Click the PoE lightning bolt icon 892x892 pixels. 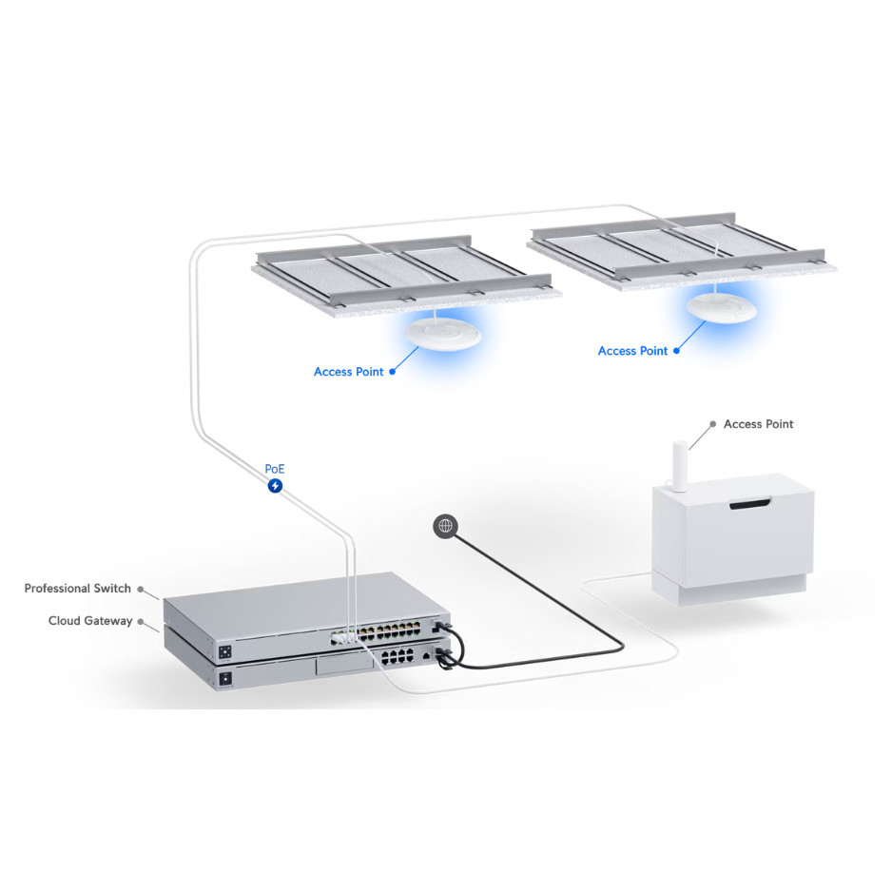tap(276, 486)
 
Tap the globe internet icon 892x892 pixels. tap(445, 526)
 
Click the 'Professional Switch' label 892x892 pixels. tap(77, 589)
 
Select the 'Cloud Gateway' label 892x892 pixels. tap(90, 621)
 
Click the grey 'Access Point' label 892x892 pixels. tap(758, 424)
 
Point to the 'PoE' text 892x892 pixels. tap(275, 469)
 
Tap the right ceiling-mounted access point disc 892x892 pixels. tap(722, 308)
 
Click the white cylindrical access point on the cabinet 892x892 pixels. tap(679, 465)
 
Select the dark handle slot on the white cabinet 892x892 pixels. tap(749, 503)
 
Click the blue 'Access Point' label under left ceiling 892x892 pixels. tap(349, 372)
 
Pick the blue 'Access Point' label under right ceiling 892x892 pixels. tap(632, 351)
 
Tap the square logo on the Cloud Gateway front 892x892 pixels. tap(225, 679)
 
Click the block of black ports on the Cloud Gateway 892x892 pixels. tap(398, 656)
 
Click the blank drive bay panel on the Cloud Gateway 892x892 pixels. tap(345, 665)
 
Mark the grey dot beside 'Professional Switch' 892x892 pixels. tap(141, 590)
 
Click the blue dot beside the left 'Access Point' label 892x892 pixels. tap(392, 372)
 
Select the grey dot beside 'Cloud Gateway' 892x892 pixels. tap(141, 622)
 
